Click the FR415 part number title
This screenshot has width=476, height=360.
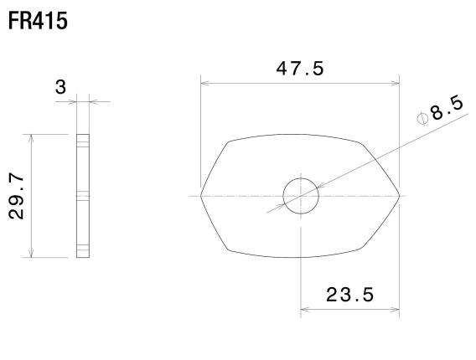[x=38, y=18]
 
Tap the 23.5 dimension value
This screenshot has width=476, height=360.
[x=350, y=295]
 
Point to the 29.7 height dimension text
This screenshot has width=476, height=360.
[x=17, y=195]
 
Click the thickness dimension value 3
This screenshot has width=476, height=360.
[x=83, y=85]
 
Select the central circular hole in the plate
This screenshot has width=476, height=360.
[x=301, y=196]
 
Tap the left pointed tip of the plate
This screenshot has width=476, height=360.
[x=203, y=195]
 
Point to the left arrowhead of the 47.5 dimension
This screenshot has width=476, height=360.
[x=204, y=82]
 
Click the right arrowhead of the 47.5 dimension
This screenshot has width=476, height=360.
[x=396, y=82]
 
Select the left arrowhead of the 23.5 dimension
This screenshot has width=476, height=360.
[x=304, y=309]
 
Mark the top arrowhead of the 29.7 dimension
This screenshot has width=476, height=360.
[x=31, y=136]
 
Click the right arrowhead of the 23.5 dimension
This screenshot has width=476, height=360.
[x=396, y=309]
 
